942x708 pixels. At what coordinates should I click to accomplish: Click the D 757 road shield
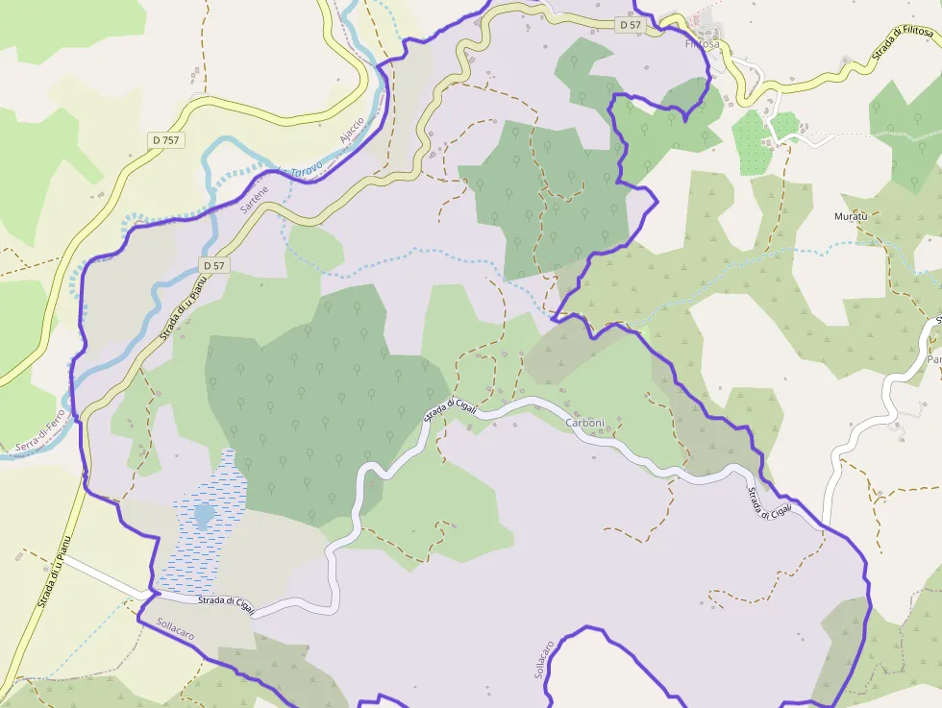165,140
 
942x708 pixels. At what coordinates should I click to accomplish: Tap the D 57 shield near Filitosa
630,24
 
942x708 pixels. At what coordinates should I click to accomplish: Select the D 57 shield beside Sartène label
213,264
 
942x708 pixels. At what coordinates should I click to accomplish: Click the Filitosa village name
702,43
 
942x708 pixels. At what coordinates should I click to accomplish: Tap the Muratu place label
850,216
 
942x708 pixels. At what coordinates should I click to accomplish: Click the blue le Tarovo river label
300,172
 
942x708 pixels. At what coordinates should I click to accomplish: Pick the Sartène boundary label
255,199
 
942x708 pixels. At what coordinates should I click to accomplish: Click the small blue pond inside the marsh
204,516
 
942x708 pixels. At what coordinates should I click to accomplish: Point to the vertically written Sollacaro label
543,659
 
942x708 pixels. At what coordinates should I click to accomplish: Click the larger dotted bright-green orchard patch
753,141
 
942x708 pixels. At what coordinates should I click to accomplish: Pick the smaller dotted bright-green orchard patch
784,125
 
